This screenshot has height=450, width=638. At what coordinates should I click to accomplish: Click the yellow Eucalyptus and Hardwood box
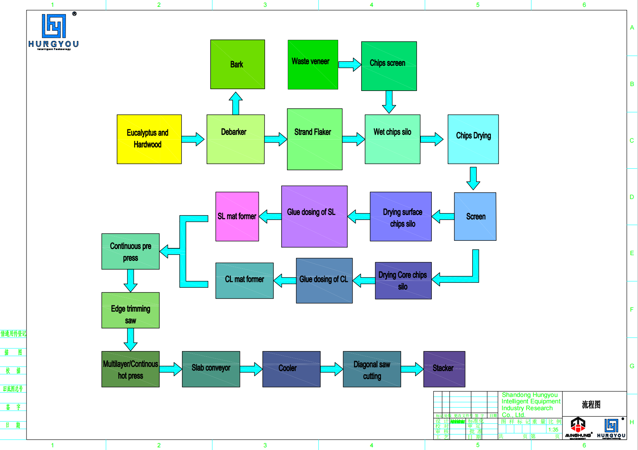coord(149,139)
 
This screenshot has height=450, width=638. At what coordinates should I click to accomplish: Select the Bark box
coord(237,64)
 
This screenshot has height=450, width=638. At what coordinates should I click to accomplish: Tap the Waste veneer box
coord(312,64)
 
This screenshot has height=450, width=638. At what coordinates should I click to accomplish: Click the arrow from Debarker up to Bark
coord(235,103)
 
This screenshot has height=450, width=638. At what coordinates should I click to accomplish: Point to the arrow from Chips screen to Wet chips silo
coord(389,102)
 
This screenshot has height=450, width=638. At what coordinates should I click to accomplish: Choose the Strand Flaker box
coord(314,139)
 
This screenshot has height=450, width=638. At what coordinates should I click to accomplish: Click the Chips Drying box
coord(473,139)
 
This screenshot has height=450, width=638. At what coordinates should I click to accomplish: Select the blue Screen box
coord(475,216)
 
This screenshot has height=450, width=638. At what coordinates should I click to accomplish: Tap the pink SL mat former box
coord(237,216)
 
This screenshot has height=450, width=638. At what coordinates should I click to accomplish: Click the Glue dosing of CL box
coord(324,281)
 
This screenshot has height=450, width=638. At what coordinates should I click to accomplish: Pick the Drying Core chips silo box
coord(403,281)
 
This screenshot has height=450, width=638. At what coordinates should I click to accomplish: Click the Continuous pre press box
coord(130,251)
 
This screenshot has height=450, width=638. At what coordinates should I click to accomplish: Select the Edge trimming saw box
coord(130,310)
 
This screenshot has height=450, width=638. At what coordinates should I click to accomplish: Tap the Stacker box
coord(444,369)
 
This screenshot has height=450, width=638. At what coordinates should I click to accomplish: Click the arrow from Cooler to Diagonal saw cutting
coord(332,369)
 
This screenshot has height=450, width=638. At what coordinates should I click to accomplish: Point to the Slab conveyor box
coord(211,369)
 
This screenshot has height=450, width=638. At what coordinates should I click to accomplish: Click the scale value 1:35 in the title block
coord(553,430)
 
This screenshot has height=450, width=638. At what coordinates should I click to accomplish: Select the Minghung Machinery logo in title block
coord(578,428)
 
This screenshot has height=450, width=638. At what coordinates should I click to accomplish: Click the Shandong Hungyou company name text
coord(530,405)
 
